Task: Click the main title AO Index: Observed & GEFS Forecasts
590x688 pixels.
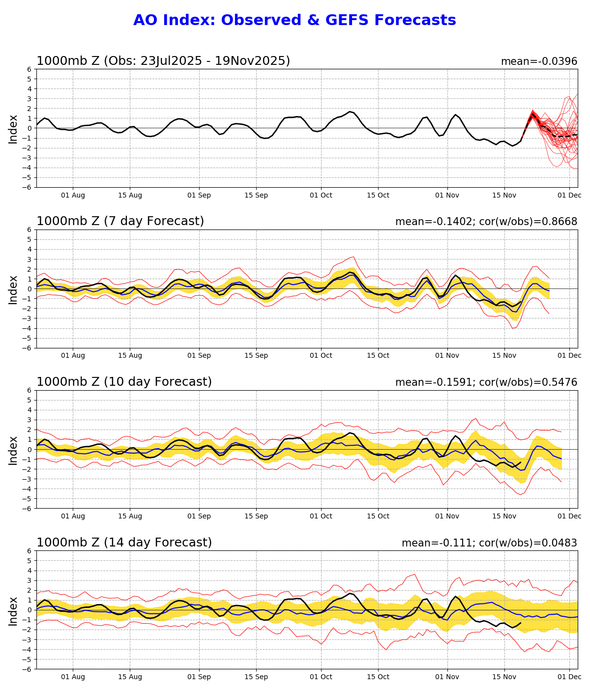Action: click(x=295, y=21)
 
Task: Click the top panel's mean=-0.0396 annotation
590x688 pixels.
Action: click(x=539, y=61)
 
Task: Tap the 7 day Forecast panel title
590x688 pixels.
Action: click(x=120, y=222)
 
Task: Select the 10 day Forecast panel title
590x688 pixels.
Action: click(x=124, y=382)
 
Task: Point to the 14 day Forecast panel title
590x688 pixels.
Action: click(x=124, y=543)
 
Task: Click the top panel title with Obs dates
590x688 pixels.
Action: click(x=163, y=61)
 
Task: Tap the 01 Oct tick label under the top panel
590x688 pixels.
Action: click(x=321, y=195)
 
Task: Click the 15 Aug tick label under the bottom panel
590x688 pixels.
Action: click(x=130, y=677)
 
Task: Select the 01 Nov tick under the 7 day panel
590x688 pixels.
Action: click(x=447, y=355)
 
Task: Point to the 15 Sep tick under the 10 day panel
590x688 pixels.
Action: click(x=256, y=516)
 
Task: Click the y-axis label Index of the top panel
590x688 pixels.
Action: click(x=13, y=129)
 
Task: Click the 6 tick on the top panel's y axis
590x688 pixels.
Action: click(x=29, y=69)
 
